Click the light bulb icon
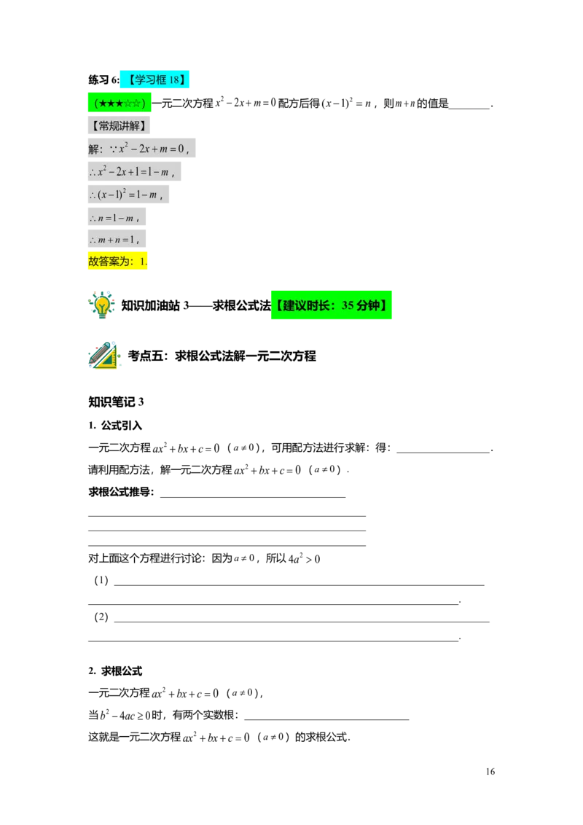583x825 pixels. pos(101,305)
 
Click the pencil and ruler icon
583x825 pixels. pos(103,355)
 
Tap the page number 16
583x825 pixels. pos(490,771)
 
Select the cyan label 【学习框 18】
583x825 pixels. pos(154,79)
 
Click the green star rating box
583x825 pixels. pos(120,103)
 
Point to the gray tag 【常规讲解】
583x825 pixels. pos(119,125)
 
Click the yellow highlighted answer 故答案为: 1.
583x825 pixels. pos(118,261)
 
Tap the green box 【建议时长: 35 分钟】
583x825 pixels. pos(332,305)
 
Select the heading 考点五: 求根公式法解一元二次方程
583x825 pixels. pos(222,356)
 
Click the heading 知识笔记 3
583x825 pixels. pos(116,402)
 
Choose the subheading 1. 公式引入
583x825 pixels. pos(115,425)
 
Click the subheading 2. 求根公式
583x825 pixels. pos(115,670)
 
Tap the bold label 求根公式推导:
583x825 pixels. pos(121,492)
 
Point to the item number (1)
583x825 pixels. pos(101,580)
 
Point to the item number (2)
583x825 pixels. pos(101,617)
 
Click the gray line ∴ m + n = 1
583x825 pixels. pos(117,239)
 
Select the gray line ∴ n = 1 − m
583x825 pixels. pos(117,216)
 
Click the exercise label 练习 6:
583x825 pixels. pos(103,79)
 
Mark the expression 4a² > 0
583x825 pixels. pos(304,558)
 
